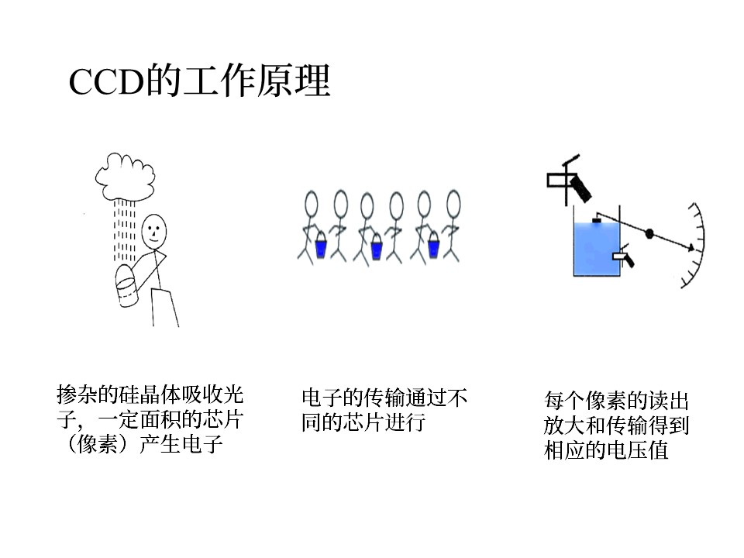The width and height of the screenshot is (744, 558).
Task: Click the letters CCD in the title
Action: (106, 81)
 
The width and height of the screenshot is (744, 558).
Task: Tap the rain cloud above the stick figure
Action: (126, 176)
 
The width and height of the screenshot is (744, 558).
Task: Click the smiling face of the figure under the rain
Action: (154, 231)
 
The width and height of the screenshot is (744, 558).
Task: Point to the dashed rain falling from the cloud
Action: (124, 230)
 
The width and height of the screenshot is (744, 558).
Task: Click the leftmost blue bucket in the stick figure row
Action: (321, 246)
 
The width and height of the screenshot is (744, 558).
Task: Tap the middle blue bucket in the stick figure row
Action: (377, 246)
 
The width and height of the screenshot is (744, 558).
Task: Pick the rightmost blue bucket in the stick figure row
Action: (433, 246)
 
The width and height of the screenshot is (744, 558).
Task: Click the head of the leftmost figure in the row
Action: (311, 204)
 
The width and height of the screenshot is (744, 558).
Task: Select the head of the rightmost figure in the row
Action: (453, 204)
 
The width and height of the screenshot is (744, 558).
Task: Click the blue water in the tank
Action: (597, 249)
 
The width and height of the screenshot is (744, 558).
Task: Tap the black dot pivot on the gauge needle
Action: (649, 233)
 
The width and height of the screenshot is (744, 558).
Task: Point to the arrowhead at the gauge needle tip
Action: (691, 248)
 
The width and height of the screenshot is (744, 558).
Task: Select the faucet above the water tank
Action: (570, 181)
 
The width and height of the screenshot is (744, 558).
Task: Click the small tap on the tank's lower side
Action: (623, 256)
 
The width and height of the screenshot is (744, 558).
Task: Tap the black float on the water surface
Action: (597, 220)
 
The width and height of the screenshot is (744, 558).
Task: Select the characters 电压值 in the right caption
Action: (637, 450)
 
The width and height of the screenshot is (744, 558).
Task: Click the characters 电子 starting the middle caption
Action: (322, 398)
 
